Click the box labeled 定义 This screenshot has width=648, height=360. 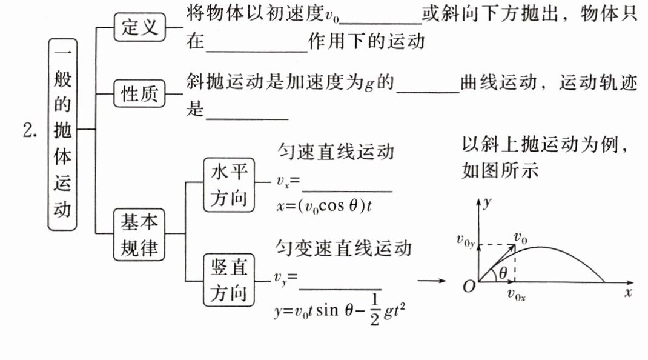pyautogui.click(x=139, y=27)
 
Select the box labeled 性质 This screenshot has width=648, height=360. pyautogui.click(x=139, y=94)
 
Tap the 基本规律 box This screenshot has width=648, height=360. pyautogui.click(x=139, y=233)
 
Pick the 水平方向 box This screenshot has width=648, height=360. pyautogui.click(x=230, y=184)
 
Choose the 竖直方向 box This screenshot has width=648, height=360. pyautogui.click(x=230, y=280)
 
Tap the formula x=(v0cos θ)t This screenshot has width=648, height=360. pyautogui.click(x=323, y=206)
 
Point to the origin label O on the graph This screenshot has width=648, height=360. pyautogui.click(x=469, y=287)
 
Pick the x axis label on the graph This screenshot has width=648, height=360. pyautogui.click(x=628, y=293)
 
